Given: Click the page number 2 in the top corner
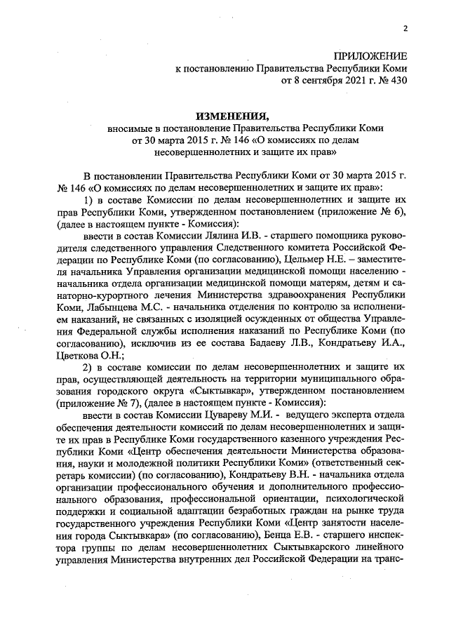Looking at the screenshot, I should click(405, 28).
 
